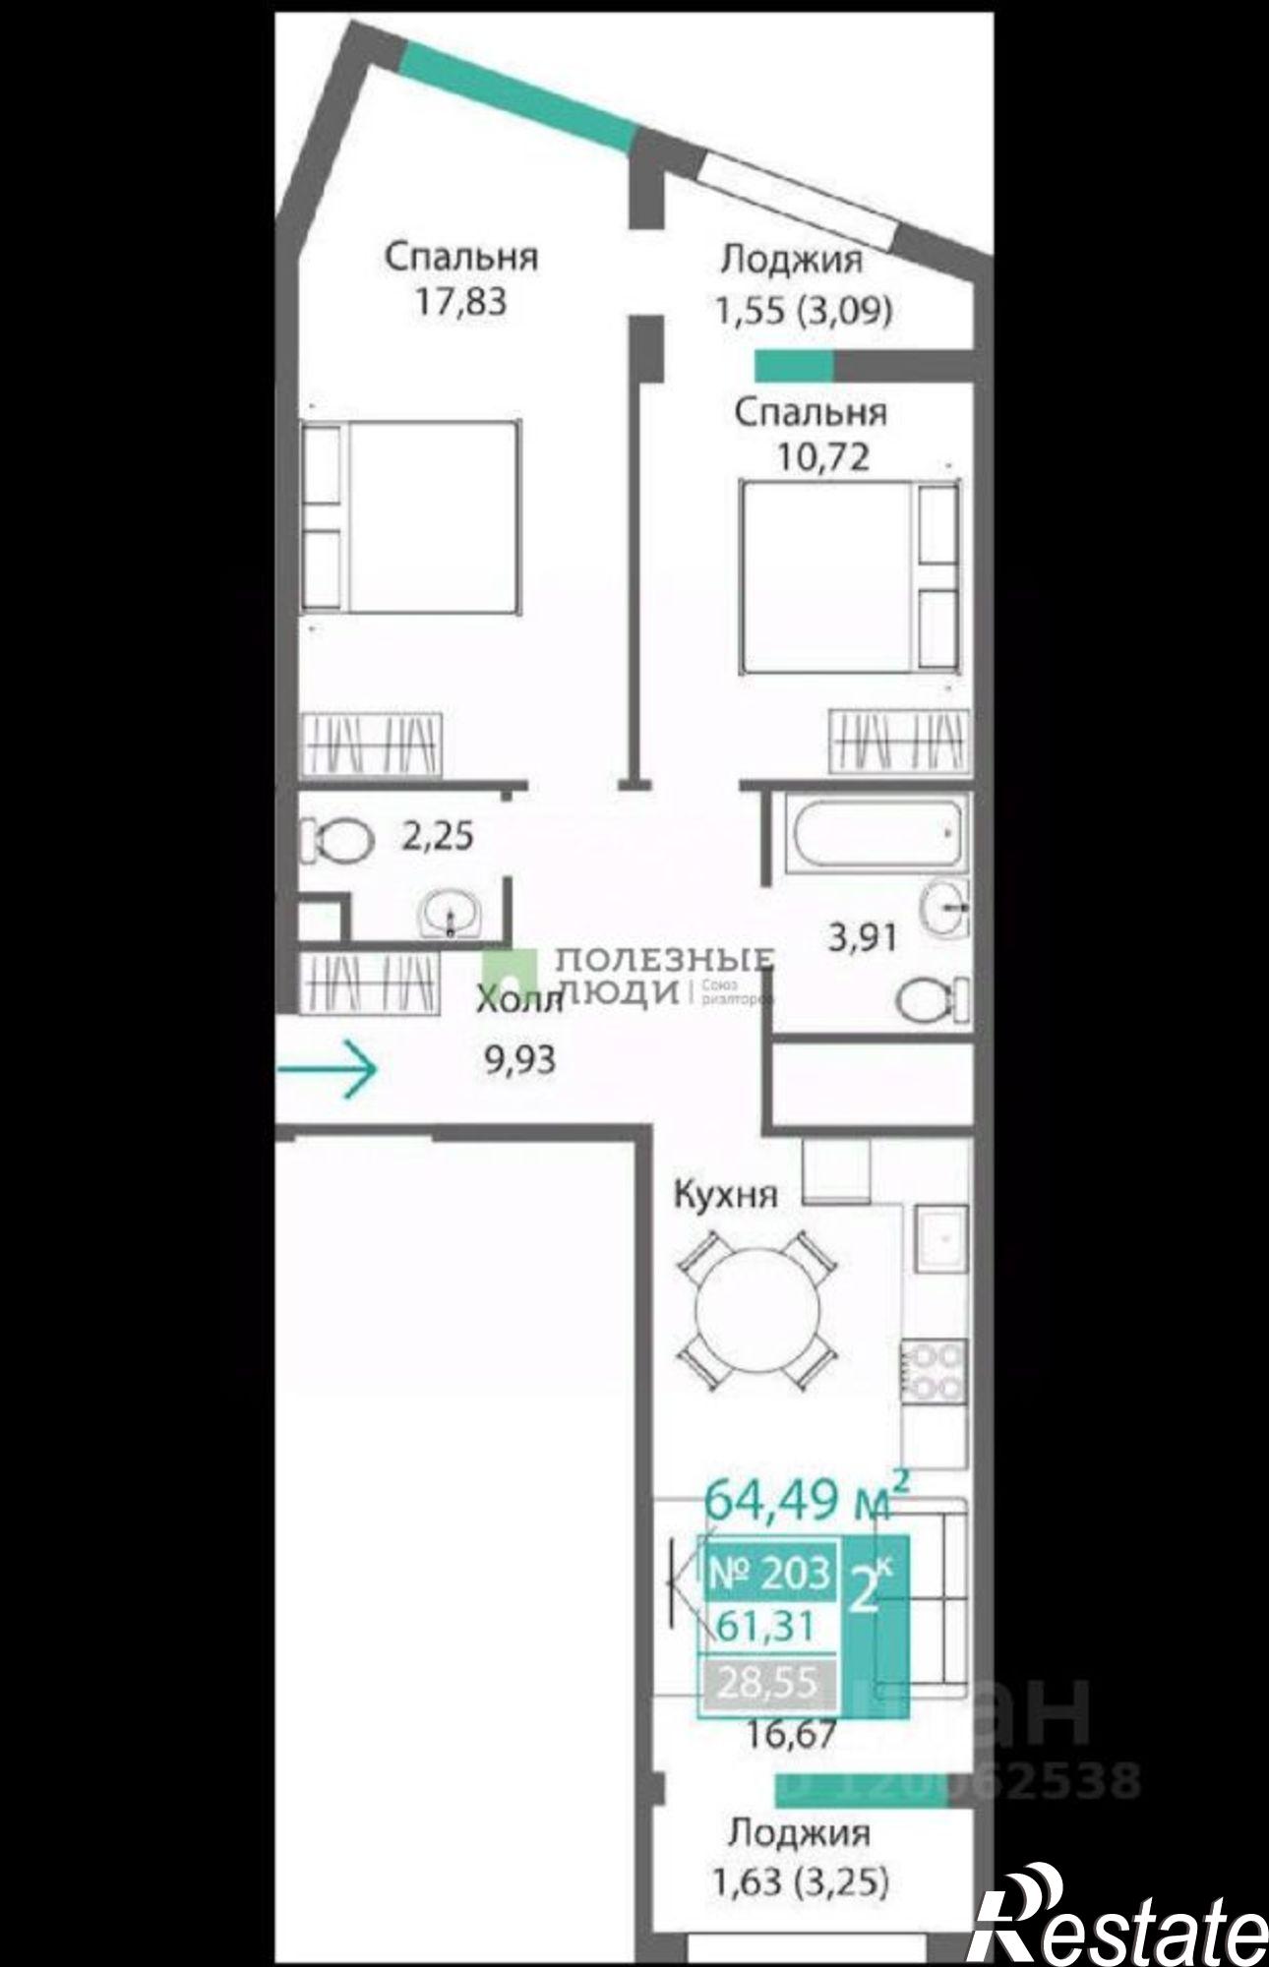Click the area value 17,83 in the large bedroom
[460, 301]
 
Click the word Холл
[518, 1002]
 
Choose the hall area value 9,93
[518, 1060]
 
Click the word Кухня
[725, 1195]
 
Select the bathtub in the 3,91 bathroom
[872, 833]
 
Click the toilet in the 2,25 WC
[338, 840]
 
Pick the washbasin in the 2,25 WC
[451, 914]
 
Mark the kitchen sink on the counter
[941, 1236]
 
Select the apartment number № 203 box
[769, 1573]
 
